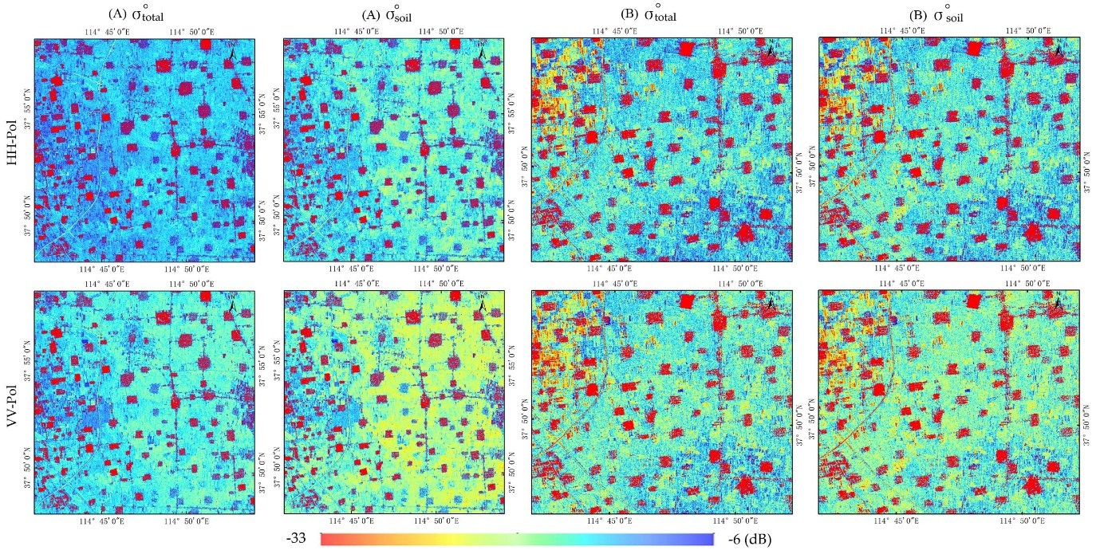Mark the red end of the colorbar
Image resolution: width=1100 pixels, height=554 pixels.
click(326, 540)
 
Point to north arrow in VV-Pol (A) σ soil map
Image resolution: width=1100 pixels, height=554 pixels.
click(483, 304)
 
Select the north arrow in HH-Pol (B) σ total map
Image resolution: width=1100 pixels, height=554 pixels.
click(771, 50)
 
